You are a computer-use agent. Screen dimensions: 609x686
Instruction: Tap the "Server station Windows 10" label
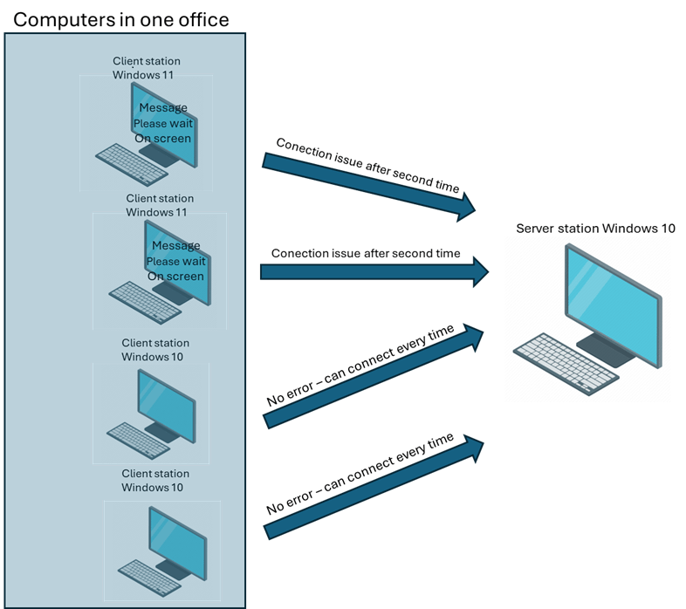(595, 229)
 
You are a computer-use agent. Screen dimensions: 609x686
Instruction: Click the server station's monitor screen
(609, 301)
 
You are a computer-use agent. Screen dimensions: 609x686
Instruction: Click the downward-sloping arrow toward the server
(367, 184)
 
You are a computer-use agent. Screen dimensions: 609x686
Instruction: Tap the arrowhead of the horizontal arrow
(478, 272)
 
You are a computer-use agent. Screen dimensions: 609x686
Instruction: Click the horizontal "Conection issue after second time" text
(365, 253)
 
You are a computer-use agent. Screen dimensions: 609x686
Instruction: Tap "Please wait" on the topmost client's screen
(163, 123)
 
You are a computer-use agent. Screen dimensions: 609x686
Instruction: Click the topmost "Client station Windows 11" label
(147, 68)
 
